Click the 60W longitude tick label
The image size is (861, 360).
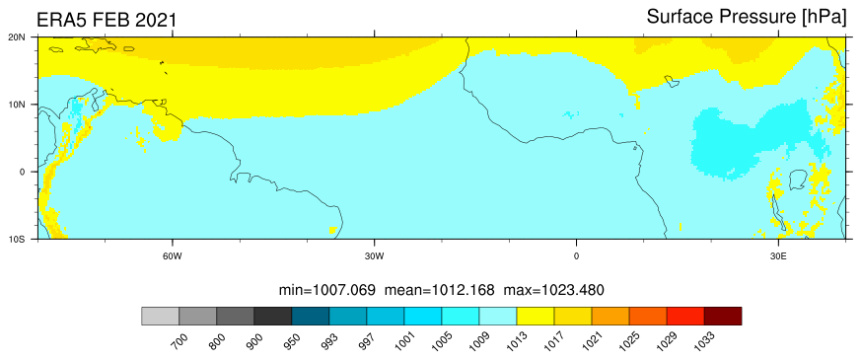tap(173, 255)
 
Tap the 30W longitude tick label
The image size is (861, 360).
tap(375, 255)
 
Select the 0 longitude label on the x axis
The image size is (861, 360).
tap(576, 255)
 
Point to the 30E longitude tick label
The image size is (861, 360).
tap(778, 255)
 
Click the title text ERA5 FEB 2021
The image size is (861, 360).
tap(107, 21)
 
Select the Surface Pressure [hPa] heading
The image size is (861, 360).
tap(747, 18)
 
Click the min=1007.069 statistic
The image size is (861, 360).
tap(327, 289)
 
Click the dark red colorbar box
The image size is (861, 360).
tap(723, 316)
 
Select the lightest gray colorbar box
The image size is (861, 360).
tap(161, 316)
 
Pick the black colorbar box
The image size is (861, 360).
tap(273, 316)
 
